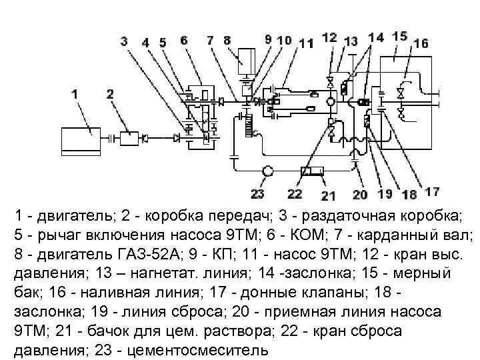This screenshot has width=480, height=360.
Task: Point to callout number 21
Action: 328,195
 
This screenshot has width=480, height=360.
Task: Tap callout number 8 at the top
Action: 227,39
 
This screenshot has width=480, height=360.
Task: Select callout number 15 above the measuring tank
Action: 400,35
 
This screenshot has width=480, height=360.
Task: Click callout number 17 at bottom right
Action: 431,191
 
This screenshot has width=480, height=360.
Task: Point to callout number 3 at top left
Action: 124,41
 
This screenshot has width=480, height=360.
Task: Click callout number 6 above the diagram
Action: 183,40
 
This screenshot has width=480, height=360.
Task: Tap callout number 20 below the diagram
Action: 360,194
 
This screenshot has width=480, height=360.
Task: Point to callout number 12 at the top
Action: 329,37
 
